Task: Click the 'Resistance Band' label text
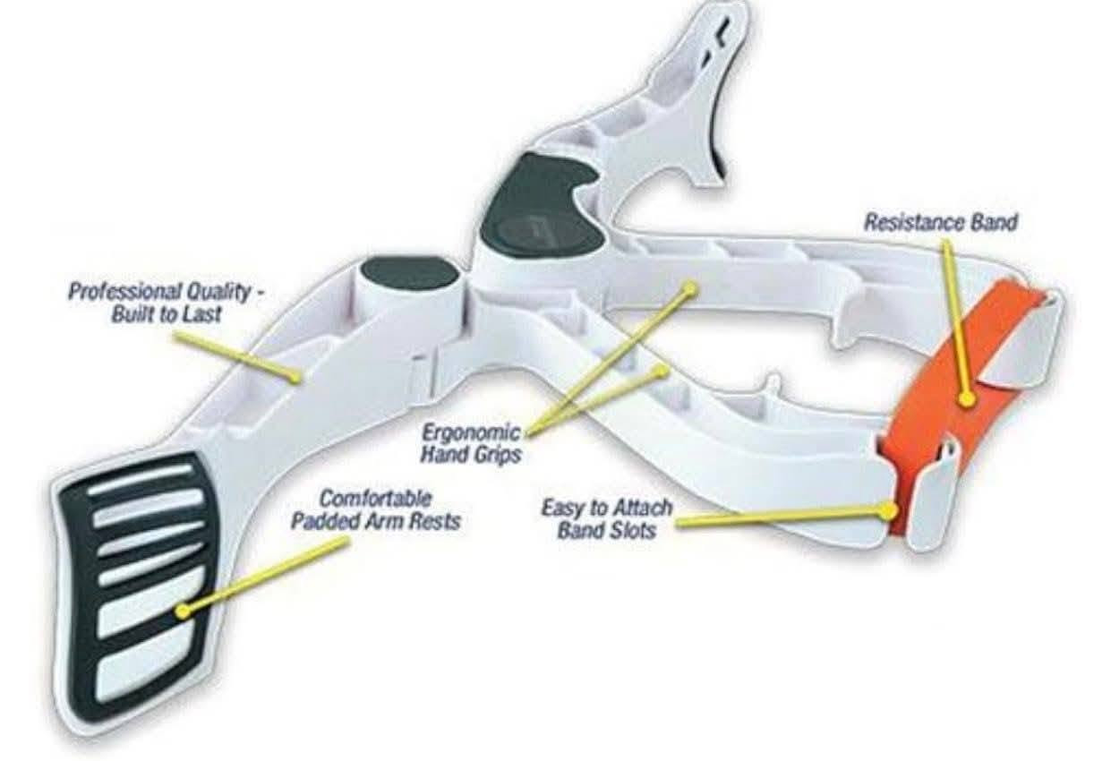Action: [940, 222]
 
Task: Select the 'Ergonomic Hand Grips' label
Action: [470, 443]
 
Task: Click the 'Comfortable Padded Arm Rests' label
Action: [375, 510]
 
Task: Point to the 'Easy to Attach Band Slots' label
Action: [607, 519]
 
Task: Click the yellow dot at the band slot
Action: [889, 509]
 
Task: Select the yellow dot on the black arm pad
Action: [184, 611]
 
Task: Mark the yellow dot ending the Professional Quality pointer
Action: [295, 377]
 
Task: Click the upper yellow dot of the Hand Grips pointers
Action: [689, 287]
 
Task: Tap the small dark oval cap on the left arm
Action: [410, 274]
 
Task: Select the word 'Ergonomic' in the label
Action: [470, 433]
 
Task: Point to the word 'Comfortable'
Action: [375, 499]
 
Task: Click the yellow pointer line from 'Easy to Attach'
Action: [783, 516]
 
